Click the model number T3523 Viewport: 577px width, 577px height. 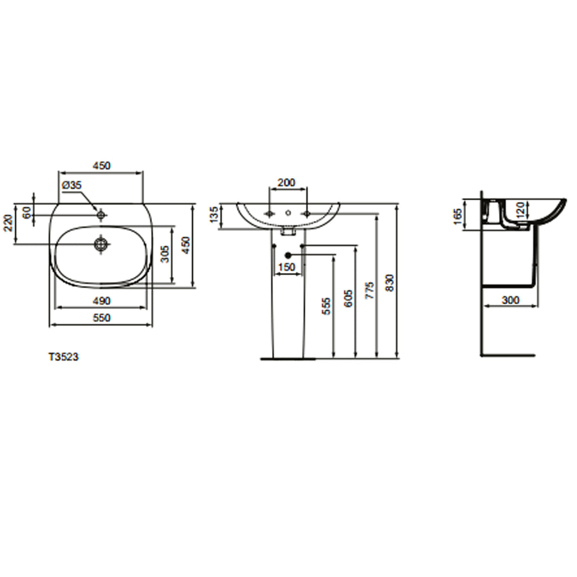tap(63, 357)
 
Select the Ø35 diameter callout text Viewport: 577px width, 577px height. tap(72, 184)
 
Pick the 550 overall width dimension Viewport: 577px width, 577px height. tap(101, 318)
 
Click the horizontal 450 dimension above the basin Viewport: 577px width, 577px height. tap(101, 166)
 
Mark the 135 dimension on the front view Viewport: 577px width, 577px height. tap(214, 215)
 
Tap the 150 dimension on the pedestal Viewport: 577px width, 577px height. tap(287, 267)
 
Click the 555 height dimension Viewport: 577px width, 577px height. tap(327, 306)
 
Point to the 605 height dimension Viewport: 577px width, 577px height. tap(348, 298)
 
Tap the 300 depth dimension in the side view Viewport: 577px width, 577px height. tap(510, 300)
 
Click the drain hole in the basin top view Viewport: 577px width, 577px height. tap(101, 244)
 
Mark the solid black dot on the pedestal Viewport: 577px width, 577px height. tap(288, 255)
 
